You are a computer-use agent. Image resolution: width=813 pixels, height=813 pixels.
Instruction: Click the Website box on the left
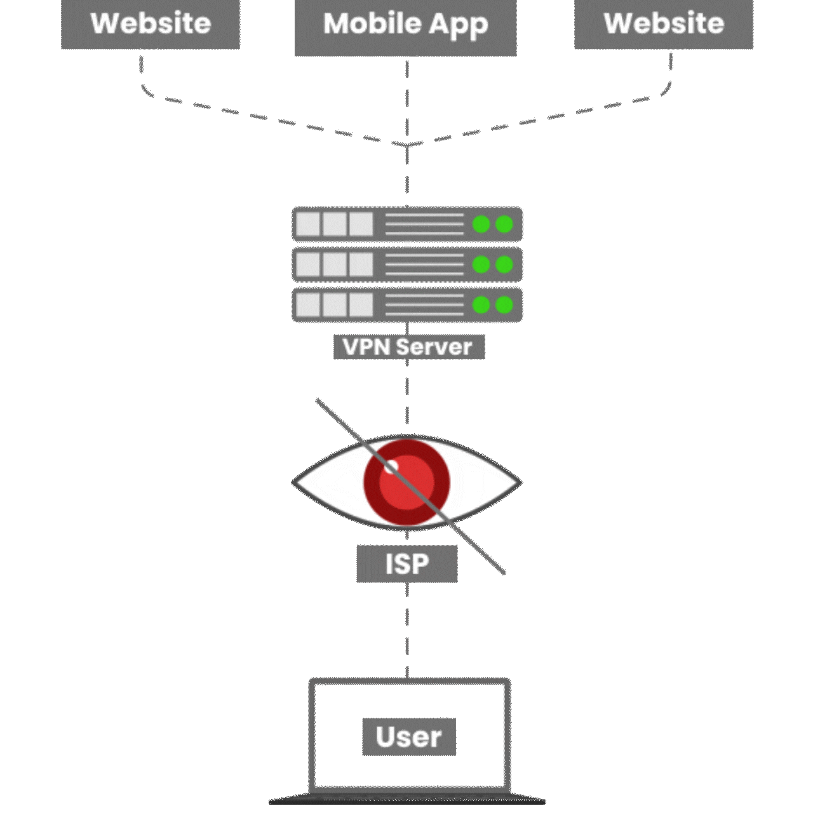coord(151,24)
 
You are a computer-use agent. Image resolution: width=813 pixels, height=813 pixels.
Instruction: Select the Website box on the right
coord(664,24)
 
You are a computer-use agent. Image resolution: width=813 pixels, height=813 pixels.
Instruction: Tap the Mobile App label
coord(405,25)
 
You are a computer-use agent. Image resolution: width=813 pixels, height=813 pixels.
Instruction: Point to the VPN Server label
coord(408,347)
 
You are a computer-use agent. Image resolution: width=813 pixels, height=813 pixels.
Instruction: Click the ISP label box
coord(406,563)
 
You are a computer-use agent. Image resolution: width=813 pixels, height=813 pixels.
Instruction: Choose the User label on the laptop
coord(409,737)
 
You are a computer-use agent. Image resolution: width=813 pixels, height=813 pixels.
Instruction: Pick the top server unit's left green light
coord(481,224)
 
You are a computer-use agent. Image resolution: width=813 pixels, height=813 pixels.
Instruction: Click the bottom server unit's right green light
coord(504,305)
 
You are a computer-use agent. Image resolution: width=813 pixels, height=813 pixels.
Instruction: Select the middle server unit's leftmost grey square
coord(308,265)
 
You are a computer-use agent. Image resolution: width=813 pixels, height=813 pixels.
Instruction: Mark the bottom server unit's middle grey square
coord(335,305)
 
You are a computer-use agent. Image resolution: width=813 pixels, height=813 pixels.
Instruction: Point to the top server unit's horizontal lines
coord(424,224)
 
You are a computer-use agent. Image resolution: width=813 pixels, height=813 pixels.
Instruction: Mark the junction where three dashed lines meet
coord(407,145)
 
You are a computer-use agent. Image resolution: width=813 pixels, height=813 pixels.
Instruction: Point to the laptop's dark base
coord(407,799)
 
